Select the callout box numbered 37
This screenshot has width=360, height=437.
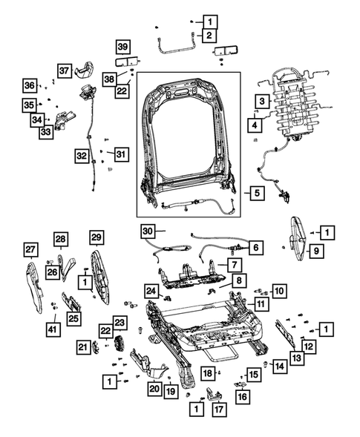pyautogui.click(x=65, y=70)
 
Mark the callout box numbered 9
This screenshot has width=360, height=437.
pyautogui.click(x=315, y=252)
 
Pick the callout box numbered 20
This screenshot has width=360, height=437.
pyautogui.click(x=154, y=387)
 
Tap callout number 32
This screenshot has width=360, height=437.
pyautogui.click(x=81, y=155)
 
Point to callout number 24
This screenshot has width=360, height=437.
pyautogui.click(x=151, y=290)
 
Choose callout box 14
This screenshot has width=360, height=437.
pyautogui.click(x=278, y=365)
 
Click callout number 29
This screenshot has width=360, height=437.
pyautogui.click(x=96, y=238)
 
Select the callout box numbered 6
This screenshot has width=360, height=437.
pyautogui.click(x=255, y=246)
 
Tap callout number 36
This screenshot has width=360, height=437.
pyautogui.click(x=29, y=85)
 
